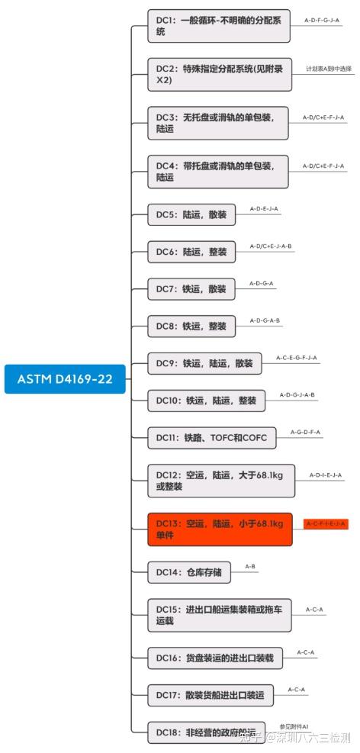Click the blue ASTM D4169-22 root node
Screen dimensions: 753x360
[x=65, y=378]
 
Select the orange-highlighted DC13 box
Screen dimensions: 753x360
[x=220, y=529]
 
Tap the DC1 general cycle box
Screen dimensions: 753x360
[x=218, y=26]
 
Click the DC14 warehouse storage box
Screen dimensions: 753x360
[x=189, y=571]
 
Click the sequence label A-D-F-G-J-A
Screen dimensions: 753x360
[x=321, y=20]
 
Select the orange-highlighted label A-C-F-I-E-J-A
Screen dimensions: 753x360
[x=326, y=523]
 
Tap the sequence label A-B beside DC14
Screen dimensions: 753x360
[x=250, y=566]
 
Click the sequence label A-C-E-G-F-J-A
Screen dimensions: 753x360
[x=296, y=357]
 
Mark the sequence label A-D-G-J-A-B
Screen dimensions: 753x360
[x=297, y=394]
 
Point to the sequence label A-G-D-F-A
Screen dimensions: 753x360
[x=305, y=432]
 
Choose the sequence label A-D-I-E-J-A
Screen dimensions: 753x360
[x=326, y=475]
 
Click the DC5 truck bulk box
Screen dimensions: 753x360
[x=191, y=214]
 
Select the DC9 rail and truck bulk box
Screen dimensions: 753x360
[x=204, y=363]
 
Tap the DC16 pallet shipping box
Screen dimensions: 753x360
[x=214, y=657]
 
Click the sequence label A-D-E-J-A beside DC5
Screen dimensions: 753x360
[x=264, y=208]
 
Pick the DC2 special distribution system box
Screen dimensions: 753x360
[x=218, y=74]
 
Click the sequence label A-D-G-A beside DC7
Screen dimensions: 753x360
[x=261, y=283]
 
